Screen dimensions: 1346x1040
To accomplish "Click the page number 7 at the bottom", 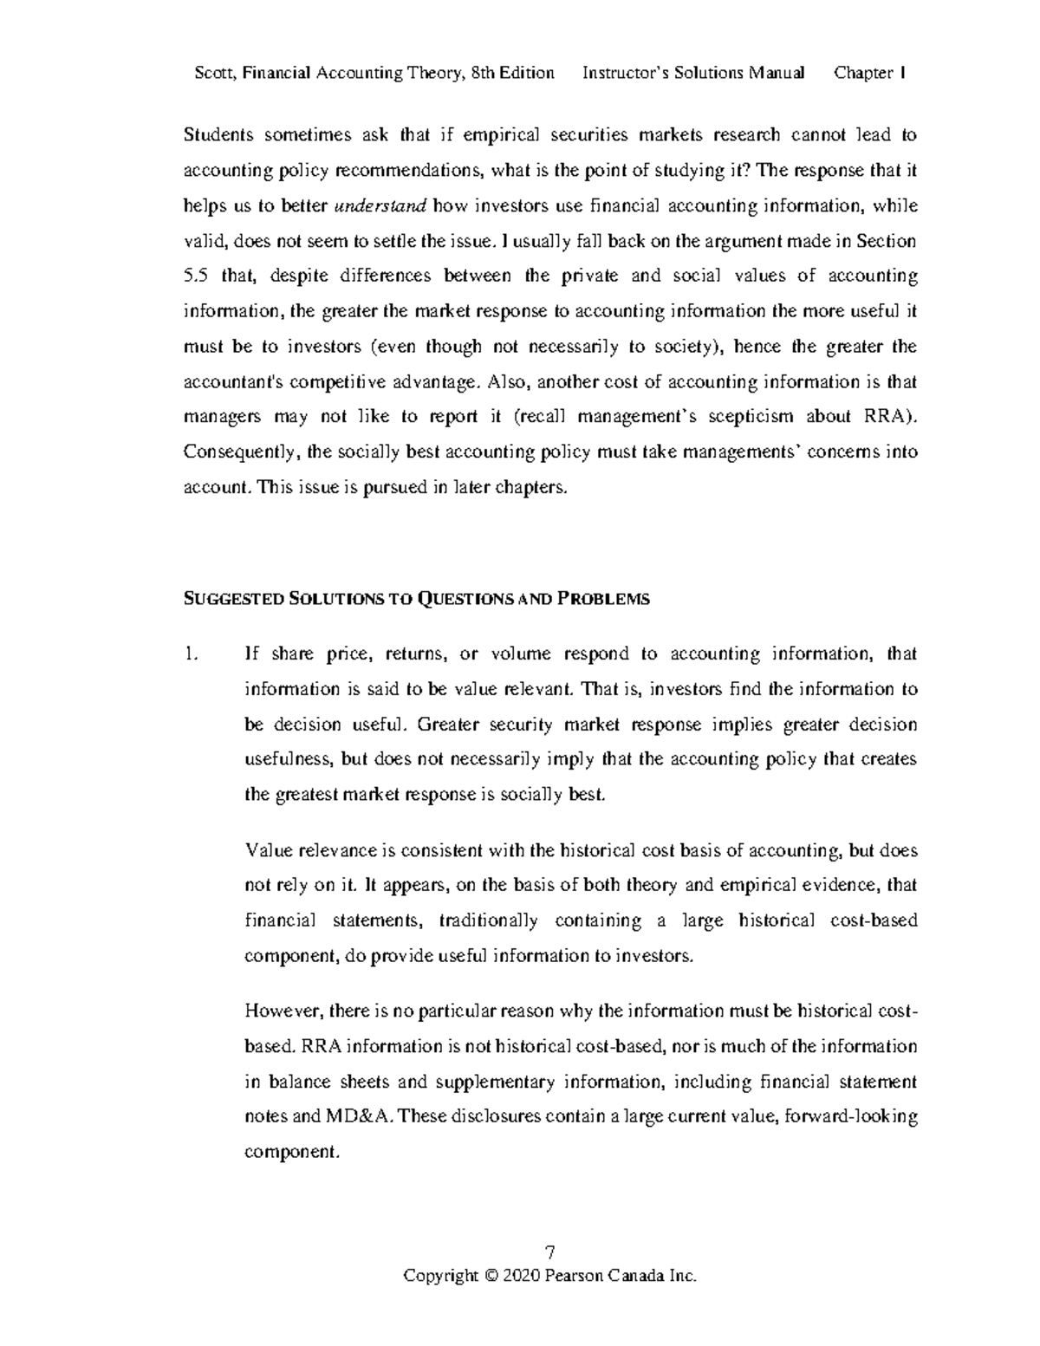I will point(549,1252).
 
